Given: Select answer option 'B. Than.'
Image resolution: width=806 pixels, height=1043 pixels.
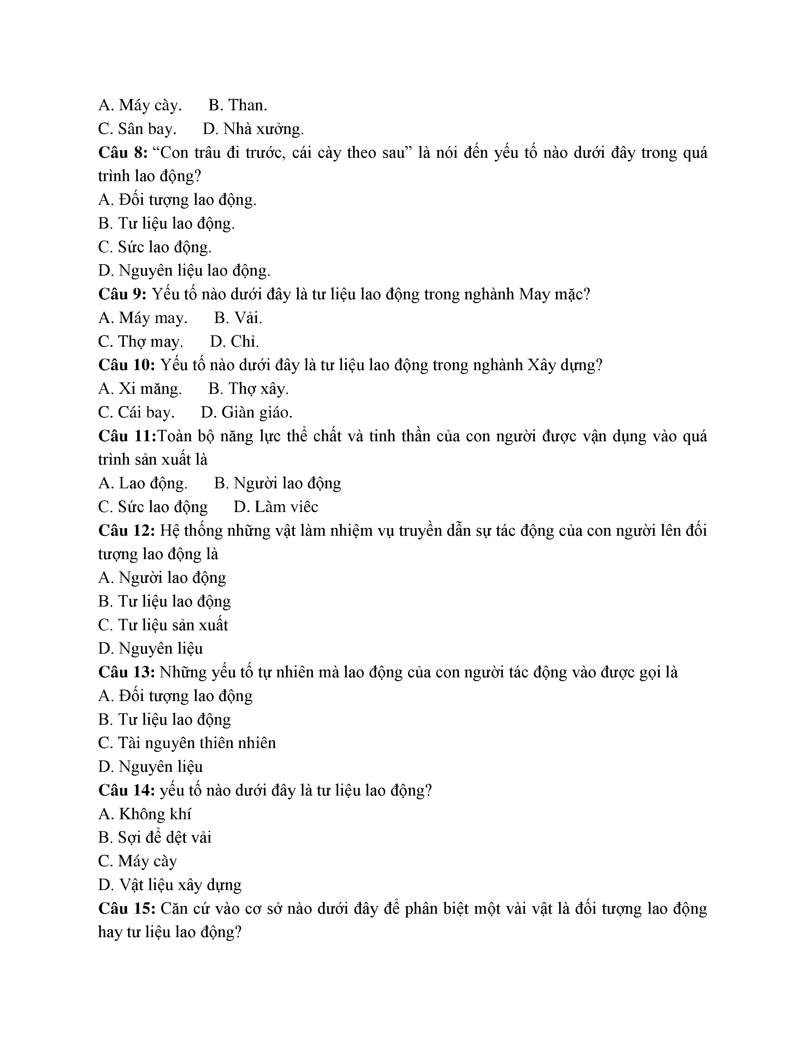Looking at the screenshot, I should coord(238,105).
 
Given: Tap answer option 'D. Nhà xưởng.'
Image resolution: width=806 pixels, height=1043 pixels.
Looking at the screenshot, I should coord(253,129).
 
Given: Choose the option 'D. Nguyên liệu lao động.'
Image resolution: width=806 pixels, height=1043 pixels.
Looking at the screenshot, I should coord(184,271).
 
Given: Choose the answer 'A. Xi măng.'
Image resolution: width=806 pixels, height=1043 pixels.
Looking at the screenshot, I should coord(140,389).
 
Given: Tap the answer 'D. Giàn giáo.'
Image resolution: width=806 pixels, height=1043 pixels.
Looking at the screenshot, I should coord(247,412).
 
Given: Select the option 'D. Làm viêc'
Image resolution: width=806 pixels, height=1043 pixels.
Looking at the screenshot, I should coord(276,507).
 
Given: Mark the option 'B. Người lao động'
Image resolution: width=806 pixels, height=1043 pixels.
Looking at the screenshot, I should coord(278,483).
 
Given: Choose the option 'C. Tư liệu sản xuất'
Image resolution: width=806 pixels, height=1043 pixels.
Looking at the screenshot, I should coord(163,625).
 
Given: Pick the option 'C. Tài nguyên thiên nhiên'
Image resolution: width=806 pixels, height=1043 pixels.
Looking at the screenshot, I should coord(187,743).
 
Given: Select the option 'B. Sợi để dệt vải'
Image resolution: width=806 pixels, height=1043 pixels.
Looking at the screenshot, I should coord(155,838).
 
